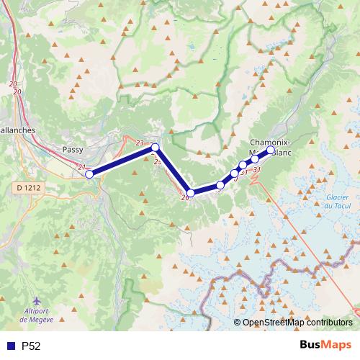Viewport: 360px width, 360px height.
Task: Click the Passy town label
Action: click(x=73, y=150)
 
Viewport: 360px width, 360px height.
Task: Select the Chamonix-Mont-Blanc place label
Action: click(x=271, y=148)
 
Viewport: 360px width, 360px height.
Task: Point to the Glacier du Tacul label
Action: click(x=337, y=202)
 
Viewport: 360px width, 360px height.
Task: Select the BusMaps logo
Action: click(x=324, y=345)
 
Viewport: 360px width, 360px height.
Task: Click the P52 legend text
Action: click(x=31, y=346)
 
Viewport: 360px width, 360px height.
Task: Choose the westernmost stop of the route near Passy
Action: click(x=89, y=174)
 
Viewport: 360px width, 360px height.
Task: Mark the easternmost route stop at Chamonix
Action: click(x=271, y=151)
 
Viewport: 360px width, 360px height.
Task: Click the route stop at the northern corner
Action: click(x=155, y=148)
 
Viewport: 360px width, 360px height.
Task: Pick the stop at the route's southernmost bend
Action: click(x=191, y=193)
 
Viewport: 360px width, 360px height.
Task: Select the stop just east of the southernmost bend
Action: click(x=220, y=185)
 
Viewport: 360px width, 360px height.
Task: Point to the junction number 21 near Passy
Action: click(x=81, y=167)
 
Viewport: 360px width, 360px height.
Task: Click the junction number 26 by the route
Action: click(x=184, y=197)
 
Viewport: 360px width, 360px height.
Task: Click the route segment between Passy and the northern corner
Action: click(x=122, y=161)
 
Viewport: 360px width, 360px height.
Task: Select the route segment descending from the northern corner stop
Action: click(x=173, y=171)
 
